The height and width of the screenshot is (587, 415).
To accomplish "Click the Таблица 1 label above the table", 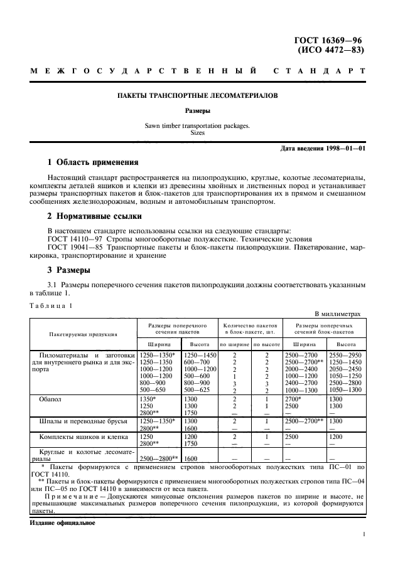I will click(52, 305).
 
